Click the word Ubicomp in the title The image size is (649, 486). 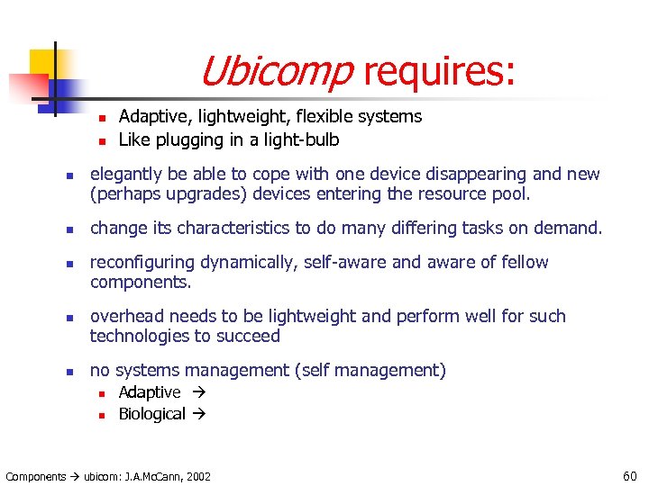coord(276,70)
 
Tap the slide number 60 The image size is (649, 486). coord(628,475)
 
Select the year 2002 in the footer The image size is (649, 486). coord(197,476)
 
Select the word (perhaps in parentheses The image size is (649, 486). coord(121,193)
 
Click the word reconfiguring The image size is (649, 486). coord(137,262)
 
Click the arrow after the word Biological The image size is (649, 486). coord(201,414)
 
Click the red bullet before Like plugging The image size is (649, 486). coord(102,140)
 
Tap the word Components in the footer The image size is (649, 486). coord(36,476)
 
